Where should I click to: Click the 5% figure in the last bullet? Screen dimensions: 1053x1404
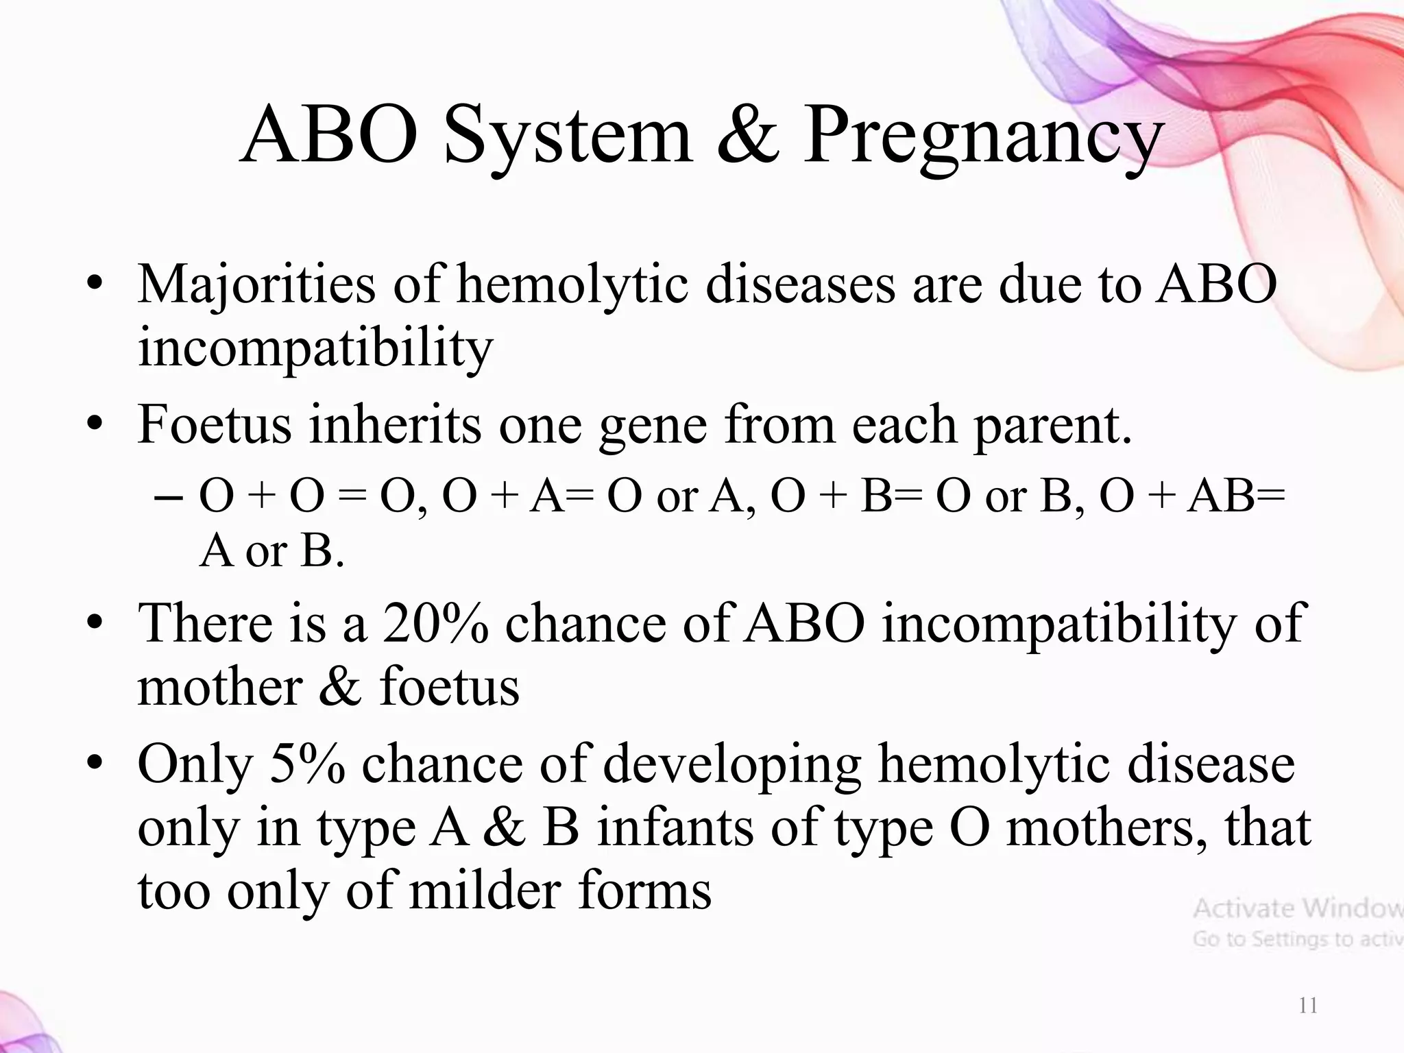coord(307,764)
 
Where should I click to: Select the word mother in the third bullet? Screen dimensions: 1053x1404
coord(219,688)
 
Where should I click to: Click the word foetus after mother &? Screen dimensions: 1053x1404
coord(450,688)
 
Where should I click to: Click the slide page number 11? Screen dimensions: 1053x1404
coord(1308,1006)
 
